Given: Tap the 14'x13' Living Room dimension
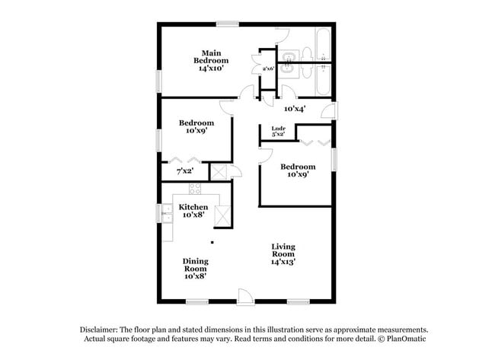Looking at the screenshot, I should [283, 261].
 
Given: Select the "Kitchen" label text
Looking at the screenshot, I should [193, 207].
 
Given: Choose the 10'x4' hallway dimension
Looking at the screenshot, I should [294, 108].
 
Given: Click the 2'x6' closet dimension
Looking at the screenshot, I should [268, 69].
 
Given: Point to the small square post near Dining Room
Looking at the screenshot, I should [212, 244].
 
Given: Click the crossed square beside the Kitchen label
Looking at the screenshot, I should [223, 216].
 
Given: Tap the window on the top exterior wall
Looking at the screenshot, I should [225, 24].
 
